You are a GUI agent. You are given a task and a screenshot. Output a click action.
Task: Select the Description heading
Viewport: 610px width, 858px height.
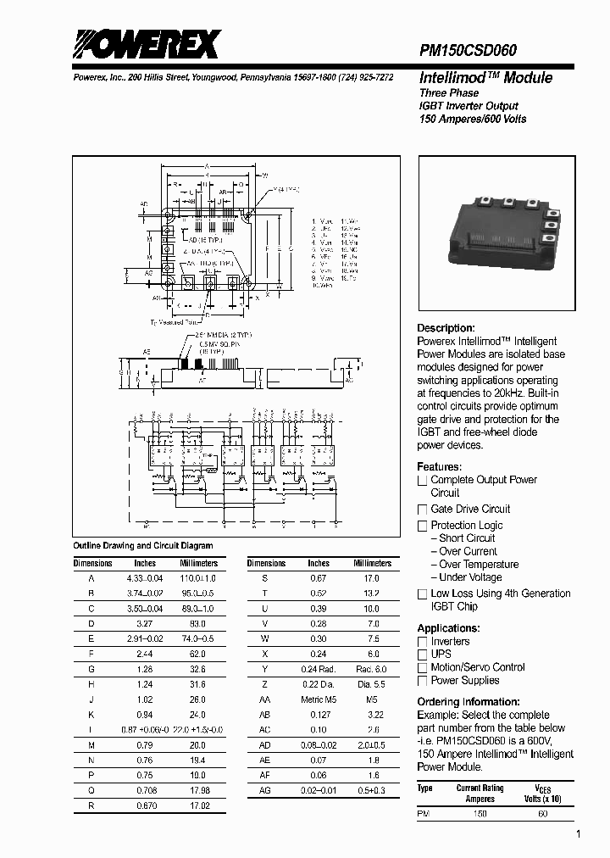coord(446,328)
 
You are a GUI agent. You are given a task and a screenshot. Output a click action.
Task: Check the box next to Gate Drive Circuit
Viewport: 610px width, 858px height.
coord(423,510)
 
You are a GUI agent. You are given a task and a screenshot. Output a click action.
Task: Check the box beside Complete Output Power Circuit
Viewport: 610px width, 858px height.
coord(423,481)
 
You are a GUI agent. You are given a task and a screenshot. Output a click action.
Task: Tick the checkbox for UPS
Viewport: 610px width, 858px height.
coord(423,655)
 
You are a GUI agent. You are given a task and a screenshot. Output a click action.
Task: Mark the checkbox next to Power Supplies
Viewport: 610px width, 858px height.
coord(423,681)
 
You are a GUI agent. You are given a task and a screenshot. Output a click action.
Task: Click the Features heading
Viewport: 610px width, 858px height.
coord(439,467)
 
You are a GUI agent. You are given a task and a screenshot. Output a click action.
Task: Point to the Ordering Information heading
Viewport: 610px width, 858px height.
coord(469,702)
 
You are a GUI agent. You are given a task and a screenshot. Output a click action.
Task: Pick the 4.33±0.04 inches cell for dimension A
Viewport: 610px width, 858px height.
coord(145,577)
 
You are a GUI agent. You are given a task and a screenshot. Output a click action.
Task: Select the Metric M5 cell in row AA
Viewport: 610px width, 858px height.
coord(319,700)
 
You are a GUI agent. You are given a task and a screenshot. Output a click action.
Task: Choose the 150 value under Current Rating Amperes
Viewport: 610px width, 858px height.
coord(480,813)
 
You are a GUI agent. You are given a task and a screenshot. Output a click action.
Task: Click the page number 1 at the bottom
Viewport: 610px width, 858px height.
coord(579,835)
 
